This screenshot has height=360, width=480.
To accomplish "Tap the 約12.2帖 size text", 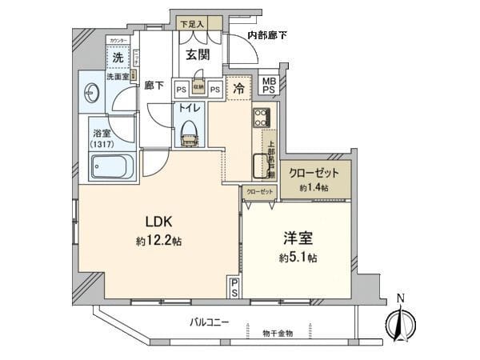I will click(x=159, y=240).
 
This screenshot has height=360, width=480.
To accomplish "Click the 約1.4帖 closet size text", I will click(x=315, y=186).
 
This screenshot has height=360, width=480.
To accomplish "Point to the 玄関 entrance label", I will click(x=197, y=55).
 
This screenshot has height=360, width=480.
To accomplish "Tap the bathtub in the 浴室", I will click(x=110, y=167).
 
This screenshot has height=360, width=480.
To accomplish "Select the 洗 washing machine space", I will click(x=118, y=58).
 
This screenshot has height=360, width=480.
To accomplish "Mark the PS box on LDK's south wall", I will click(x=234, y=287).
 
